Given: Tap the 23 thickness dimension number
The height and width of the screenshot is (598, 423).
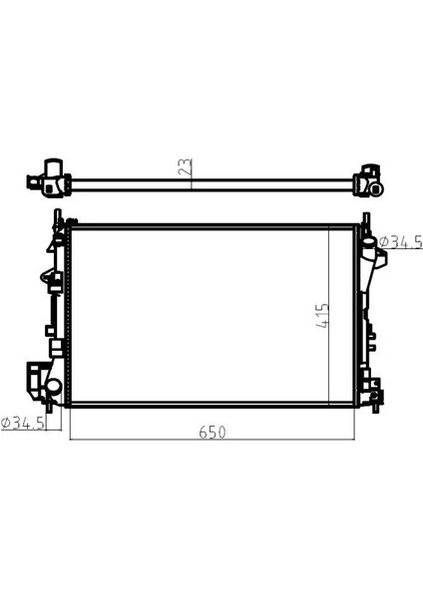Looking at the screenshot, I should click(185, 167).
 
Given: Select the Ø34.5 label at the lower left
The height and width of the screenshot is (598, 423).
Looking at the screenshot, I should click(23, 423).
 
